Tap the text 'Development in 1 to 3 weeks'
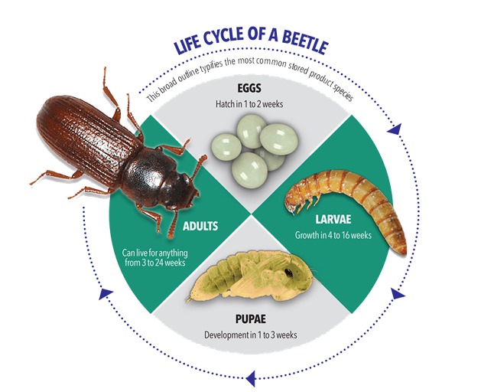(x=250, y=335)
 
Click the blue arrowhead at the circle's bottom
(x=249, y=375)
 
